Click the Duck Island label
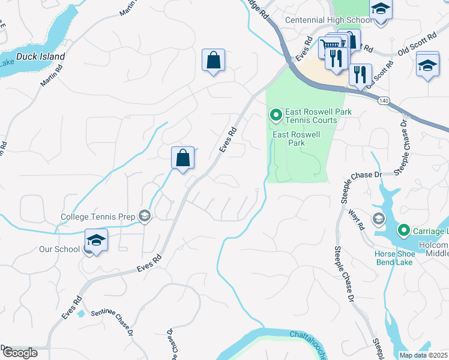coord(41,57)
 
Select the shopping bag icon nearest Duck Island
coord(213,60)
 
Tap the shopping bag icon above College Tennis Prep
coord(183,158)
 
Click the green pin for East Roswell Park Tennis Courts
coord(276,114)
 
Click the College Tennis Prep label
coord(98,216)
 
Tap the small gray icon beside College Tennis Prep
coord(144,216)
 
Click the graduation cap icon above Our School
coord(96,240)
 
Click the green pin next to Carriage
coord(403,230)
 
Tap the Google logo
coord(19,353)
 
